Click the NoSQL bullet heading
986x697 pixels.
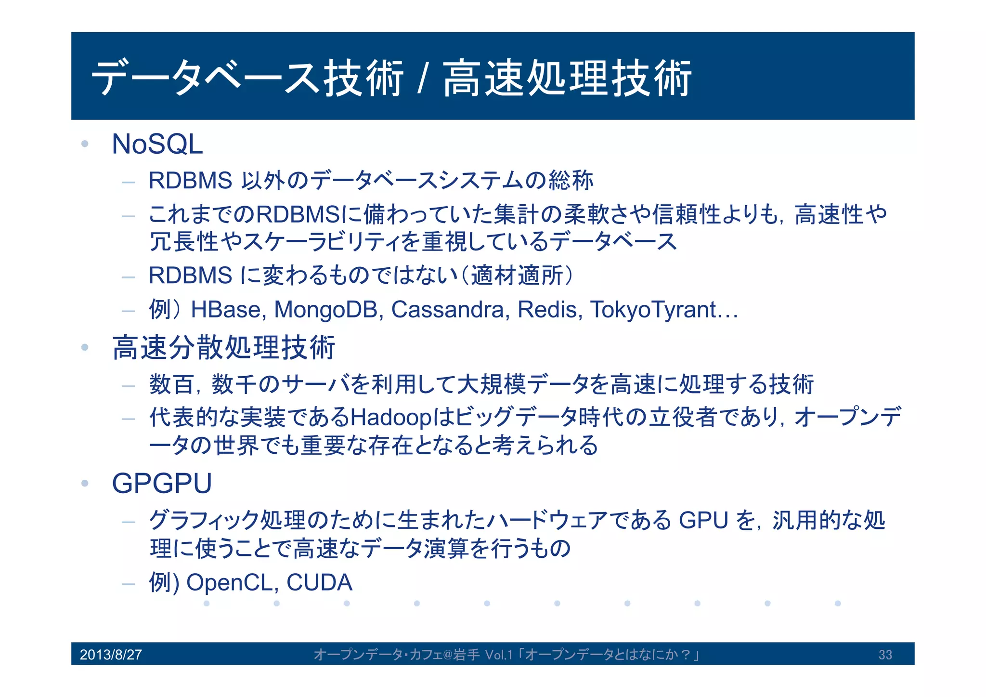click(157, 144)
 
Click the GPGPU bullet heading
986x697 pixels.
click(162, 483)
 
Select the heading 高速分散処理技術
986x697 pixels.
click(223, 347)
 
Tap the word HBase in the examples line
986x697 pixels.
click(227, 310)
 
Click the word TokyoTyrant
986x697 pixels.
click(653, 310)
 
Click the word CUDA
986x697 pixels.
click(319, 582)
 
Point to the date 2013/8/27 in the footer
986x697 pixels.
click(111, 655)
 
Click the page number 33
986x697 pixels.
click(885, 655)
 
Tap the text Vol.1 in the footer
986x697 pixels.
click(498, 655)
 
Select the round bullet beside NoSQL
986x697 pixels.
click(85, 144)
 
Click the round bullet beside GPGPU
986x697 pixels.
click(85, 483)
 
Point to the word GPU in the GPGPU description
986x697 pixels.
click(703, 521)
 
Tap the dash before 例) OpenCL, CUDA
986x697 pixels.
click(128, 584)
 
